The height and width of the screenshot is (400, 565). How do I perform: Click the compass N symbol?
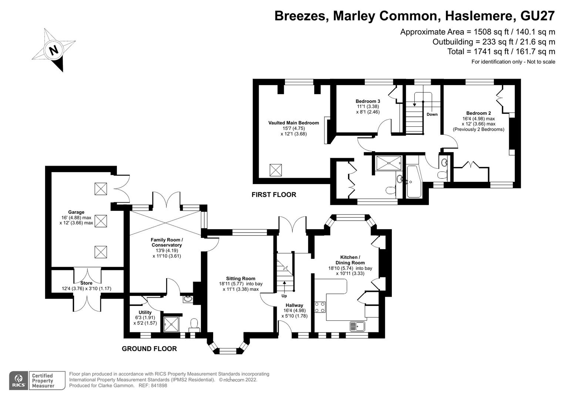click(x=54, y=50)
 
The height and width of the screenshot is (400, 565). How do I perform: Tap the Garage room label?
click(x=76, y=212)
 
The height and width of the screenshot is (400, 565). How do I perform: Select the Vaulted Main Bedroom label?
click(x=293, y=123)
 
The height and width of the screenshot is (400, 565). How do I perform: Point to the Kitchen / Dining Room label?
click(x=350, y=260)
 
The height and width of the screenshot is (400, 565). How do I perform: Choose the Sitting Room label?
click(x=241, y=279)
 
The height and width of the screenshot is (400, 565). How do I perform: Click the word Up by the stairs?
click(x=284, y=296)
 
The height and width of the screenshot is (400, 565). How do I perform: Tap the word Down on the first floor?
click(x=432, y=114)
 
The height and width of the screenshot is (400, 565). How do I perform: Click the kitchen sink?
click(x=357, y=326)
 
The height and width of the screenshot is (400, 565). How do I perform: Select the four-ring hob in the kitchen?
click(x=320, y=307)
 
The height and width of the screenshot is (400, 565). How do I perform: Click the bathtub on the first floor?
click(x=414, y=181)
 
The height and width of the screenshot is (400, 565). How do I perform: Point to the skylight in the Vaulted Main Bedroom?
click(x=275, y=170)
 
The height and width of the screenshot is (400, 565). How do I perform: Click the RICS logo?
click(x=19, y=380)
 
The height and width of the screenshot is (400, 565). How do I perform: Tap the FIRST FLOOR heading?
click(x=274, y=195)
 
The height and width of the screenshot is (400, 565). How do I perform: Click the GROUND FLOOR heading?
click(x=149, y=349)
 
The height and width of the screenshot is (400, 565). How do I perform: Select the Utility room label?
click(x=145, y=312)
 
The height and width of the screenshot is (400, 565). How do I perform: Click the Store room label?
click(x=86, y=283)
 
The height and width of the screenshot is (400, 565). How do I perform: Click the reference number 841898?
click(x=159, y=386)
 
